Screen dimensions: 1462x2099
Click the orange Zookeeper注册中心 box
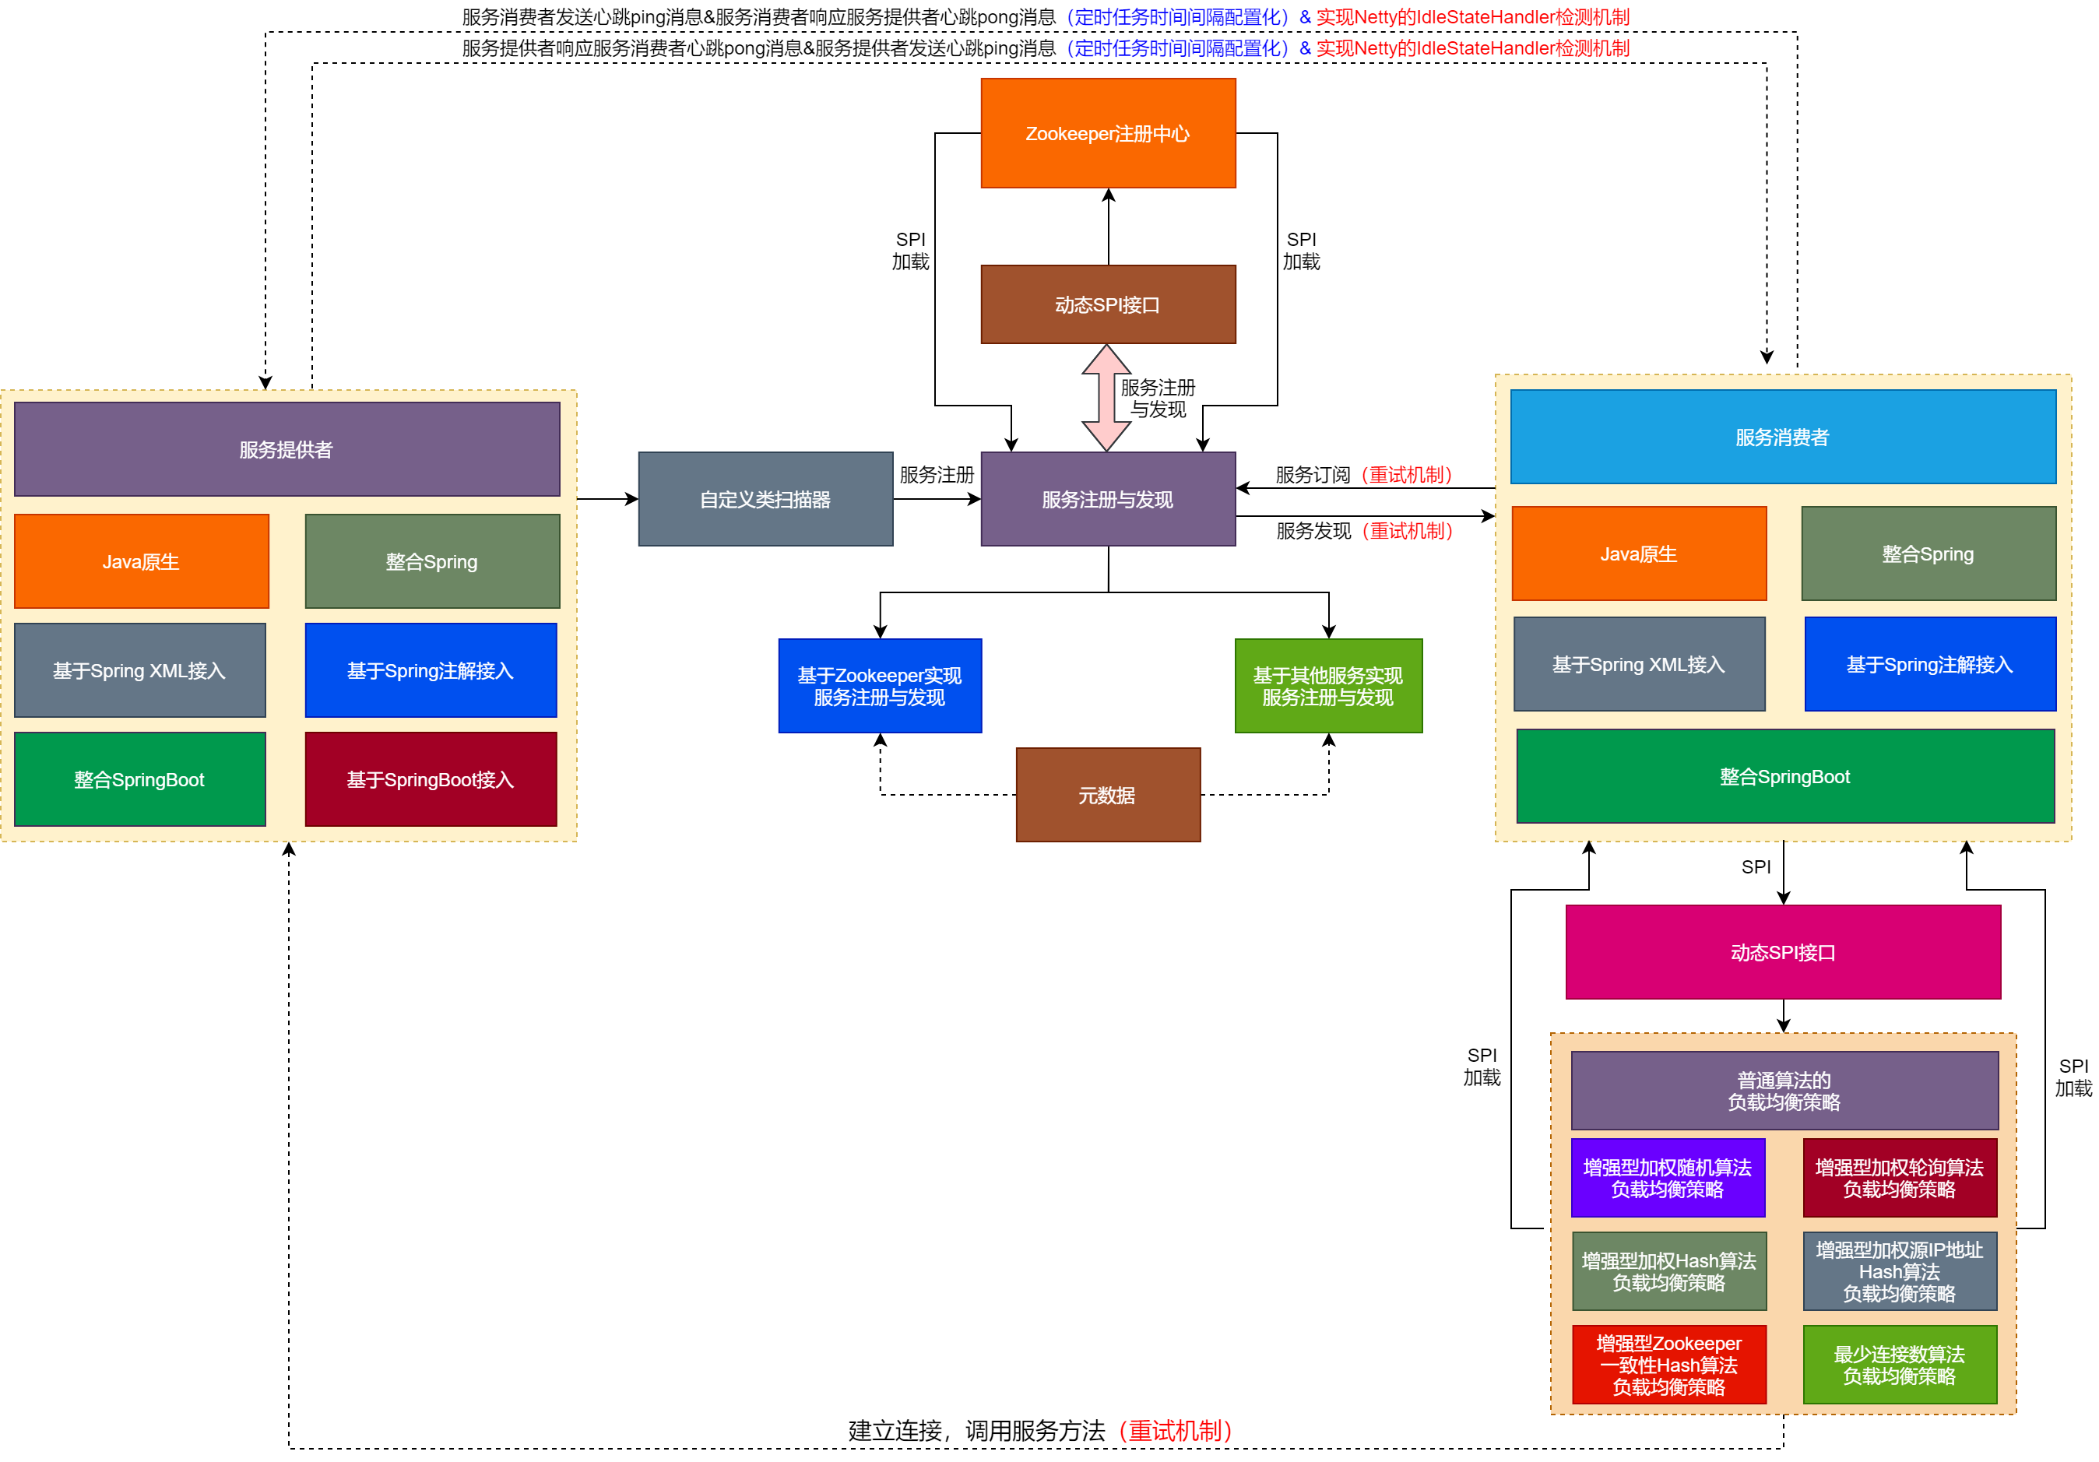[x=1107, y=133]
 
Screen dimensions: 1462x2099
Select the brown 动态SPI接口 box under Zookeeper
[x=1107, y=304]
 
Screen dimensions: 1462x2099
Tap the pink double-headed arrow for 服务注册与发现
[x=1106, y=398]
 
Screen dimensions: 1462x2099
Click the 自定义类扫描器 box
[x=765, y=499]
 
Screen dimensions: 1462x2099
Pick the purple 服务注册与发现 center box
[x=1107, y=499]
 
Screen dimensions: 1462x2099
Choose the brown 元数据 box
[x=1107, y=795]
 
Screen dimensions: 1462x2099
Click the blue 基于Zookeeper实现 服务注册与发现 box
[x=880, y=686]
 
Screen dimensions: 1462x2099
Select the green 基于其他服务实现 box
[x=1327, y=686]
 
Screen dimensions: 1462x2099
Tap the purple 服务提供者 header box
[x=287, y=449]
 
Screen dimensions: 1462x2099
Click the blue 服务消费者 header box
[x=1782, y=437]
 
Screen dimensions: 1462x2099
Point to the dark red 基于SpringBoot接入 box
[x=431, y=779]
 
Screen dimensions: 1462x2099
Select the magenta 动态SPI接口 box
[x=1782, y=952]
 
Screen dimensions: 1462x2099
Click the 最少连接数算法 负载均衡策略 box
[x=1899, y=1364]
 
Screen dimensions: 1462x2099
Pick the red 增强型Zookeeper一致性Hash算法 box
[x=1668, y=1364]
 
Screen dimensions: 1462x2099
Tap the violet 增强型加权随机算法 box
[x=1668, y=1178]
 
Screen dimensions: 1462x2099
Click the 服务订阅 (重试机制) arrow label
[x=1363, y=475]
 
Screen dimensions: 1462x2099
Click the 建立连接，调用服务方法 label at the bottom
[x=1039, y=1430]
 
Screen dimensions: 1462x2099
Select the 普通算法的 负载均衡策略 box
[x=1784, y=1091]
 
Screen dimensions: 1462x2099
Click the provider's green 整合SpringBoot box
[x=140, y=779]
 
